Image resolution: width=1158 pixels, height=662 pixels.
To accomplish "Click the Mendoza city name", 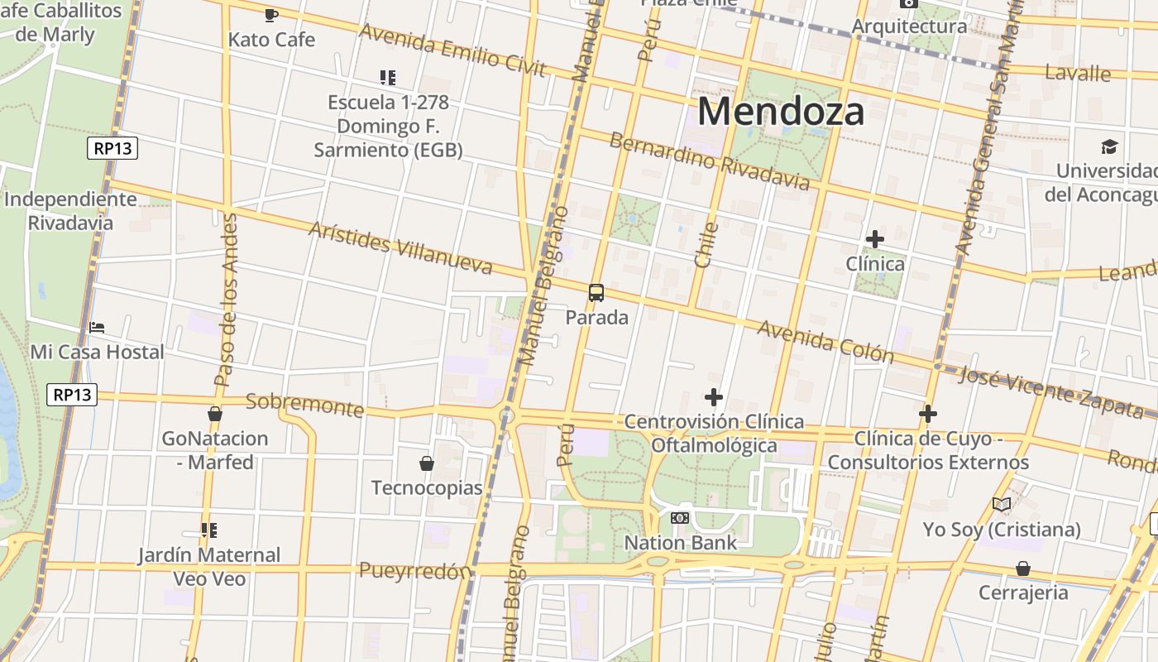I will pyautogui.click(x=781, y=111).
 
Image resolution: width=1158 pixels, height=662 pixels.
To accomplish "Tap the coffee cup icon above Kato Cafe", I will pyautogui.click(x=271, y=15).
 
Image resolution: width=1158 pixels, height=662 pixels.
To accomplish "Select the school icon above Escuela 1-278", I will pyautogui.click(x=387, y=78).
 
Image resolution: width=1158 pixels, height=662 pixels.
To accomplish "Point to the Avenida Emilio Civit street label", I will pyautogui.click(x=452, y=50).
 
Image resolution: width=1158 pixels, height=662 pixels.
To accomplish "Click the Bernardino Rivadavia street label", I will pyautogui.click(x=709, y=161).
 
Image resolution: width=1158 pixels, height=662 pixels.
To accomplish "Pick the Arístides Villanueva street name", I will pyautogui.click(x=400, y=247).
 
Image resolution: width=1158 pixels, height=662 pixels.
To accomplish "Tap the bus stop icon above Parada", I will pyautogui.click(x=596, y=292).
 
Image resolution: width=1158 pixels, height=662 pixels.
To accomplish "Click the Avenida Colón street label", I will pyautogui.click(x=825, y=342).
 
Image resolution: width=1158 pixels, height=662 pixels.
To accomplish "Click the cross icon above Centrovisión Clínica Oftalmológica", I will pyautogui.click(x=713, y=397).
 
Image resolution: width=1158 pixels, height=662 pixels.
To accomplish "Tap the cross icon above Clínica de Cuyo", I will pyautogui.click(x=928, y=413).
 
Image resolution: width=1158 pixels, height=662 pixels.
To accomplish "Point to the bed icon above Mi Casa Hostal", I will pyautogui.click(x=97, y=328).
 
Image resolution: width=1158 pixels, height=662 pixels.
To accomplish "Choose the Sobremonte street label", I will pyautogui.click(x=305, y=405).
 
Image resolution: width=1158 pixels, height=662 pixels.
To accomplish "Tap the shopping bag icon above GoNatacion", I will pyautogui.click(x=215, y=414).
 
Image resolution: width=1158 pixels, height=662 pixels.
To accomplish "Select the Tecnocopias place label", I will pyautogui.click(x=427, y=487).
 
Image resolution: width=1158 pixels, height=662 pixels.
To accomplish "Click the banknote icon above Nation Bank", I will pyautogui.click(x=680, y=518).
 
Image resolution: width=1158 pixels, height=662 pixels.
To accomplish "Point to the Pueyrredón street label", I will pyautogui.click(x=415, y=571).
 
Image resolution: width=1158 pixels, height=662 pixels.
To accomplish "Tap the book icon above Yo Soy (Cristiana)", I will pyautogui.click(x=1002, y=504).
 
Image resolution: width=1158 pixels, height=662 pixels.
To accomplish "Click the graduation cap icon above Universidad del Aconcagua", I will pyautogui.click(x=1109, y=147).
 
